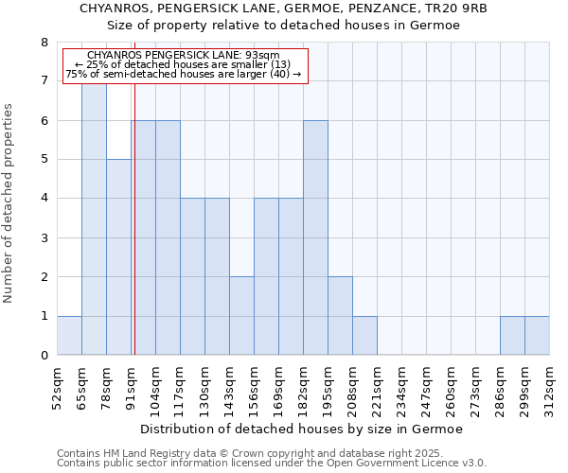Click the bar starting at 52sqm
pyautogui.click(x=69, y=335)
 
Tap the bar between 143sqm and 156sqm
pyautogui.click(x=241, y=316)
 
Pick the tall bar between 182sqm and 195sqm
pyautogui.click(x=315, y=237)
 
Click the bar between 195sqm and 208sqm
pyautogui.click(x=340, y=316)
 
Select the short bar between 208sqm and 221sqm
pyautogui.click(x=364, y=335)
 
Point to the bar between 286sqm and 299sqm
pyautogui.click(x=512, y=335)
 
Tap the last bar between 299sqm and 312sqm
pyautogui.click(x=537, y=335)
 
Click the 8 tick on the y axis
pyautogui.click(x=44, y=43)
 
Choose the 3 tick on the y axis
pyautogui.click(x=44, y=238)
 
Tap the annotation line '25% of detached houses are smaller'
pyautogui.click(x=186, y=64)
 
